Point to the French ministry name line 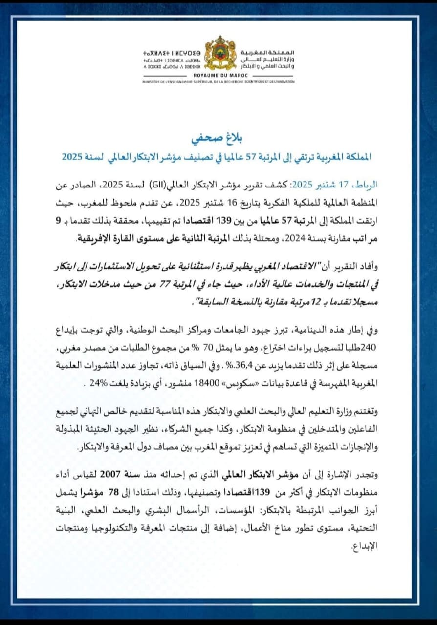point(218,82)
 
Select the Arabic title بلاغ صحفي point(219,137)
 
